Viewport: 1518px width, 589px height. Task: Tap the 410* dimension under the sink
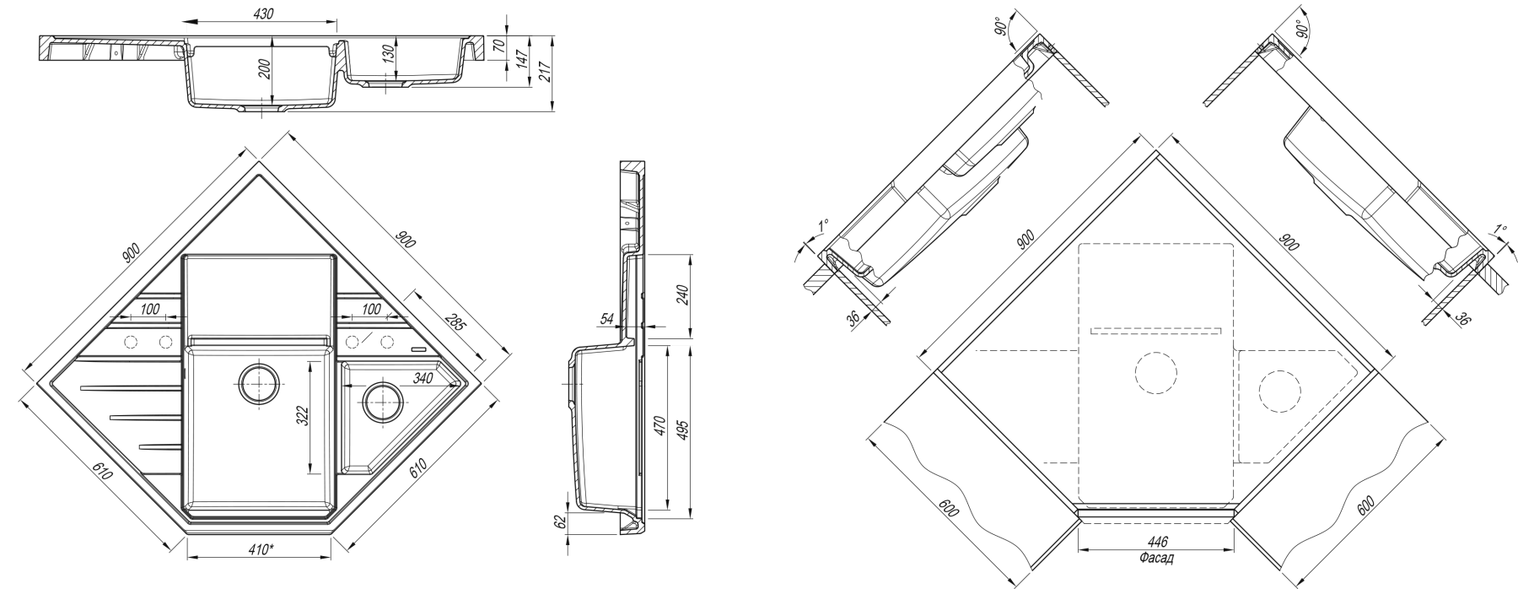click(x=258, y=550)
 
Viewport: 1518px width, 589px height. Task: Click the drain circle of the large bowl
click(x=258, y=384)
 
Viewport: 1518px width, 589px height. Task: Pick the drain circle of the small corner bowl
click(x=381, y=399)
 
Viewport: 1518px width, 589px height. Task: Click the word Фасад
click(x=1157, y=559)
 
